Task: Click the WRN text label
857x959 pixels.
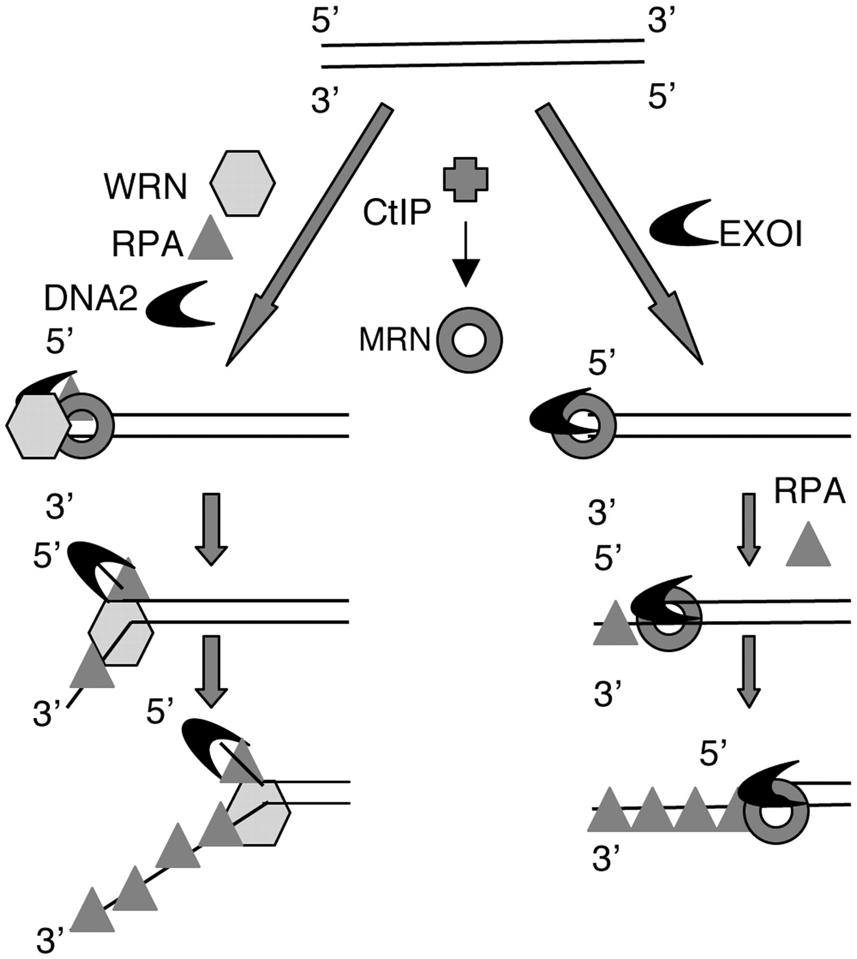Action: click(x=146, y=187)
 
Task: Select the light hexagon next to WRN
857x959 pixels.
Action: click(x=242, y=183)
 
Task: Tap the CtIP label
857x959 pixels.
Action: click(x=397, y=213)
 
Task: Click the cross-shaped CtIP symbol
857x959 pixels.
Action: click(x=466, y=180)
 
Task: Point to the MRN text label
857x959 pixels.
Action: click(x=394, y=339)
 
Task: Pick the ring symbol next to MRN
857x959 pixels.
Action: click(x=469, y=339)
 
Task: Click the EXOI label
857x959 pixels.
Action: click(x=761, y=234)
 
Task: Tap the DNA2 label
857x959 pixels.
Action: click(x=91, y=299)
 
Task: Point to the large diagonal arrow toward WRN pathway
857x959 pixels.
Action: click(x=306, y=234)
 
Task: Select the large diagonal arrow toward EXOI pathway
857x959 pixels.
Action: click(x=621, y=234)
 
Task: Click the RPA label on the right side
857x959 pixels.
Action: click(x=809, y=491)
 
